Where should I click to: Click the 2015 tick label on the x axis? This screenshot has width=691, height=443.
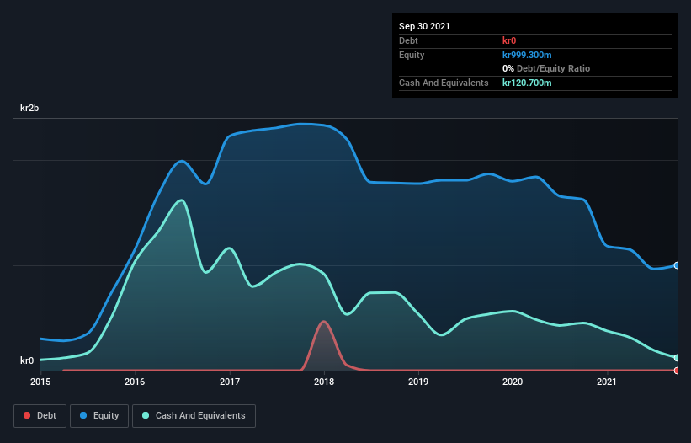click(x=40, y=382)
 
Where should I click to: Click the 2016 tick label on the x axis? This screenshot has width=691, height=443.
click(x=135, y=382)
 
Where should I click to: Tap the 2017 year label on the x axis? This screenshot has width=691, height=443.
click(x=229, y=382)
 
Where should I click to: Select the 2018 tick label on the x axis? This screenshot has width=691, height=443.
click(x=324, y=382)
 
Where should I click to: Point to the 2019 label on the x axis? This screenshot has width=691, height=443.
click(x=418, y=382)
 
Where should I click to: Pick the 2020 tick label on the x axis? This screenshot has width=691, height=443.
click(x=513, y=382)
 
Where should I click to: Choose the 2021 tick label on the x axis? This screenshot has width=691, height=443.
click(x=607, y=382)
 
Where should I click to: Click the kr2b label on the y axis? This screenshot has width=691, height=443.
click(x=31, y=109)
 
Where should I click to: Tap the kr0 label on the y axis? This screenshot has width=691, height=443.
click(x=27, y=360)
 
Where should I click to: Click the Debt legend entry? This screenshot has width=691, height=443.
click(x=40, y=415)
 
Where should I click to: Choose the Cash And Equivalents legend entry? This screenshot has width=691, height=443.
click(x=194, y=415)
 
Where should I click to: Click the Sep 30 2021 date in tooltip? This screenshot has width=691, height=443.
click(x=424, y=26)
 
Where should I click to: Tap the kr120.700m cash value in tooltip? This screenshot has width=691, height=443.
click(x=527, y=83)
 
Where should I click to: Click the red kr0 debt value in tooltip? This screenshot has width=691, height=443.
click(x=510, y=40)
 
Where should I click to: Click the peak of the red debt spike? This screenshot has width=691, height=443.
click(x=323, y=321)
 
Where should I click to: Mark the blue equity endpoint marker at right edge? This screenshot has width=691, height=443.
click(x=677, y=265)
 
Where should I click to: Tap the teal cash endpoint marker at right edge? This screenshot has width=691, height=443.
click(x=677, y=358)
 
